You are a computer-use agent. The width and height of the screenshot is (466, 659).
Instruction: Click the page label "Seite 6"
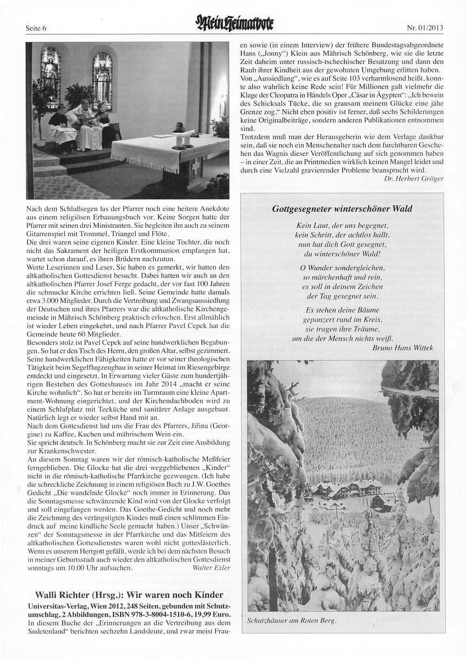pos(37,28)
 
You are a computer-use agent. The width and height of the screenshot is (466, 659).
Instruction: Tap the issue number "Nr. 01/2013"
pos(425,28)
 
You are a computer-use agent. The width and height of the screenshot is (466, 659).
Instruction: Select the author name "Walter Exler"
pos(211,568)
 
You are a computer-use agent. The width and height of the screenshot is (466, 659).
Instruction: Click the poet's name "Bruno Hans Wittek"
pos(403,347)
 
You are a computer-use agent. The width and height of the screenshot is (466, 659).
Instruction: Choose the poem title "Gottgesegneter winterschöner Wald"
pos(342,209)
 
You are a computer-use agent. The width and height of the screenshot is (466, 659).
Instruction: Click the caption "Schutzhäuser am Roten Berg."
pos(291,621)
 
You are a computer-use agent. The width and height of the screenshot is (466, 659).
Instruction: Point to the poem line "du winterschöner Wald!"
pos(342,254)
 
